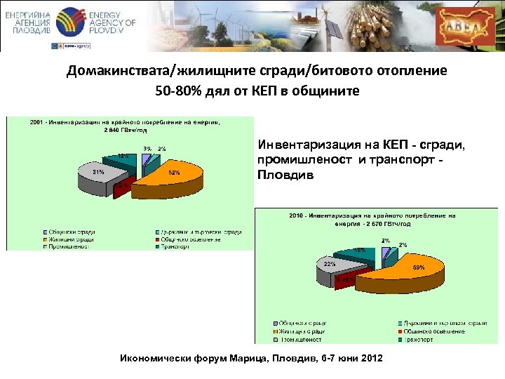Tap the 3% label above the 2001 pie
(x=147, y=149)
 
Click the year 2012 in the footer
(x=370, y=359)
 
